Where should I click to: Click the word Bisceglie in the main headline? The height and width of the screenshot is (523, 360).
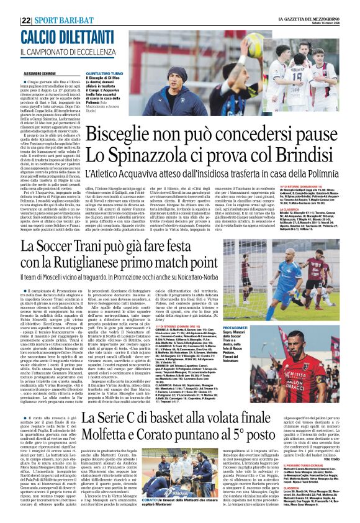(121, 133)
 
